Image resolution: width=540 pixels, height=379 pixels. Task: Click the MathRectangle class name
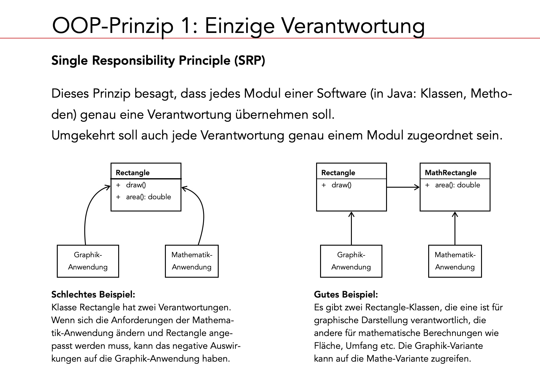[451, 173]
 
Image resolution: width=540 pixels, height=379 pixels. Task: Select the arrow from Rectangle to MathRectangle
[403, 187]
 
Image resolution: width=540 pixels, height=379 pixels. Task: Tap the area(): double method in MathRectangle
[457, 185]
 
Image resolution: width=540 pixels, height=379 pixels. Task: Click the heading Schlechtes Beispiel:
[93, 294]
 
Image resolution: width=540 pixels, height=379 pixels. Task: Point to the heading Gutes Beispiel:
[346, 294]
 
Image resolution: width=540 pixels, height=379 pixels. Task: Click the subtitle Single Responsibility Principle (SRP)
[158, 60]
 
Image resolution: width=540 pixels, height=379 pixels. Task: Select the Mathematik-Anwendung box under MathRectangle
[455, 261]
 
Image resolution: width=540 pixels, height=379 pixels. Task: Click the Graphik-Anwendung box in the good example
[351, 261]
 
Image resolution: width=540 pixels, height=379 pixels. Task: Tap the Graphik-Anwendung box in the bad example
[88, 261]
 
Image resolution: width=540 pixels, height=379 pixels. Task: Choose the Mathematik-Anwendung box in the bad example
[192, 261]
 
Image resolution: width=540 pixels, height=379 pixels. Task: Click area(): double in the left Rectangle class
[148, 197]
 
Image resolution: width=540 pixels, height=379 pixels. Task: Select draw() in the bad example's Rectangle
[136, 185]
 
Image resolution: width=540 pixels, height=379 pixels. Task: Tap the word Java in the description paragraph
[397, 93]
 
